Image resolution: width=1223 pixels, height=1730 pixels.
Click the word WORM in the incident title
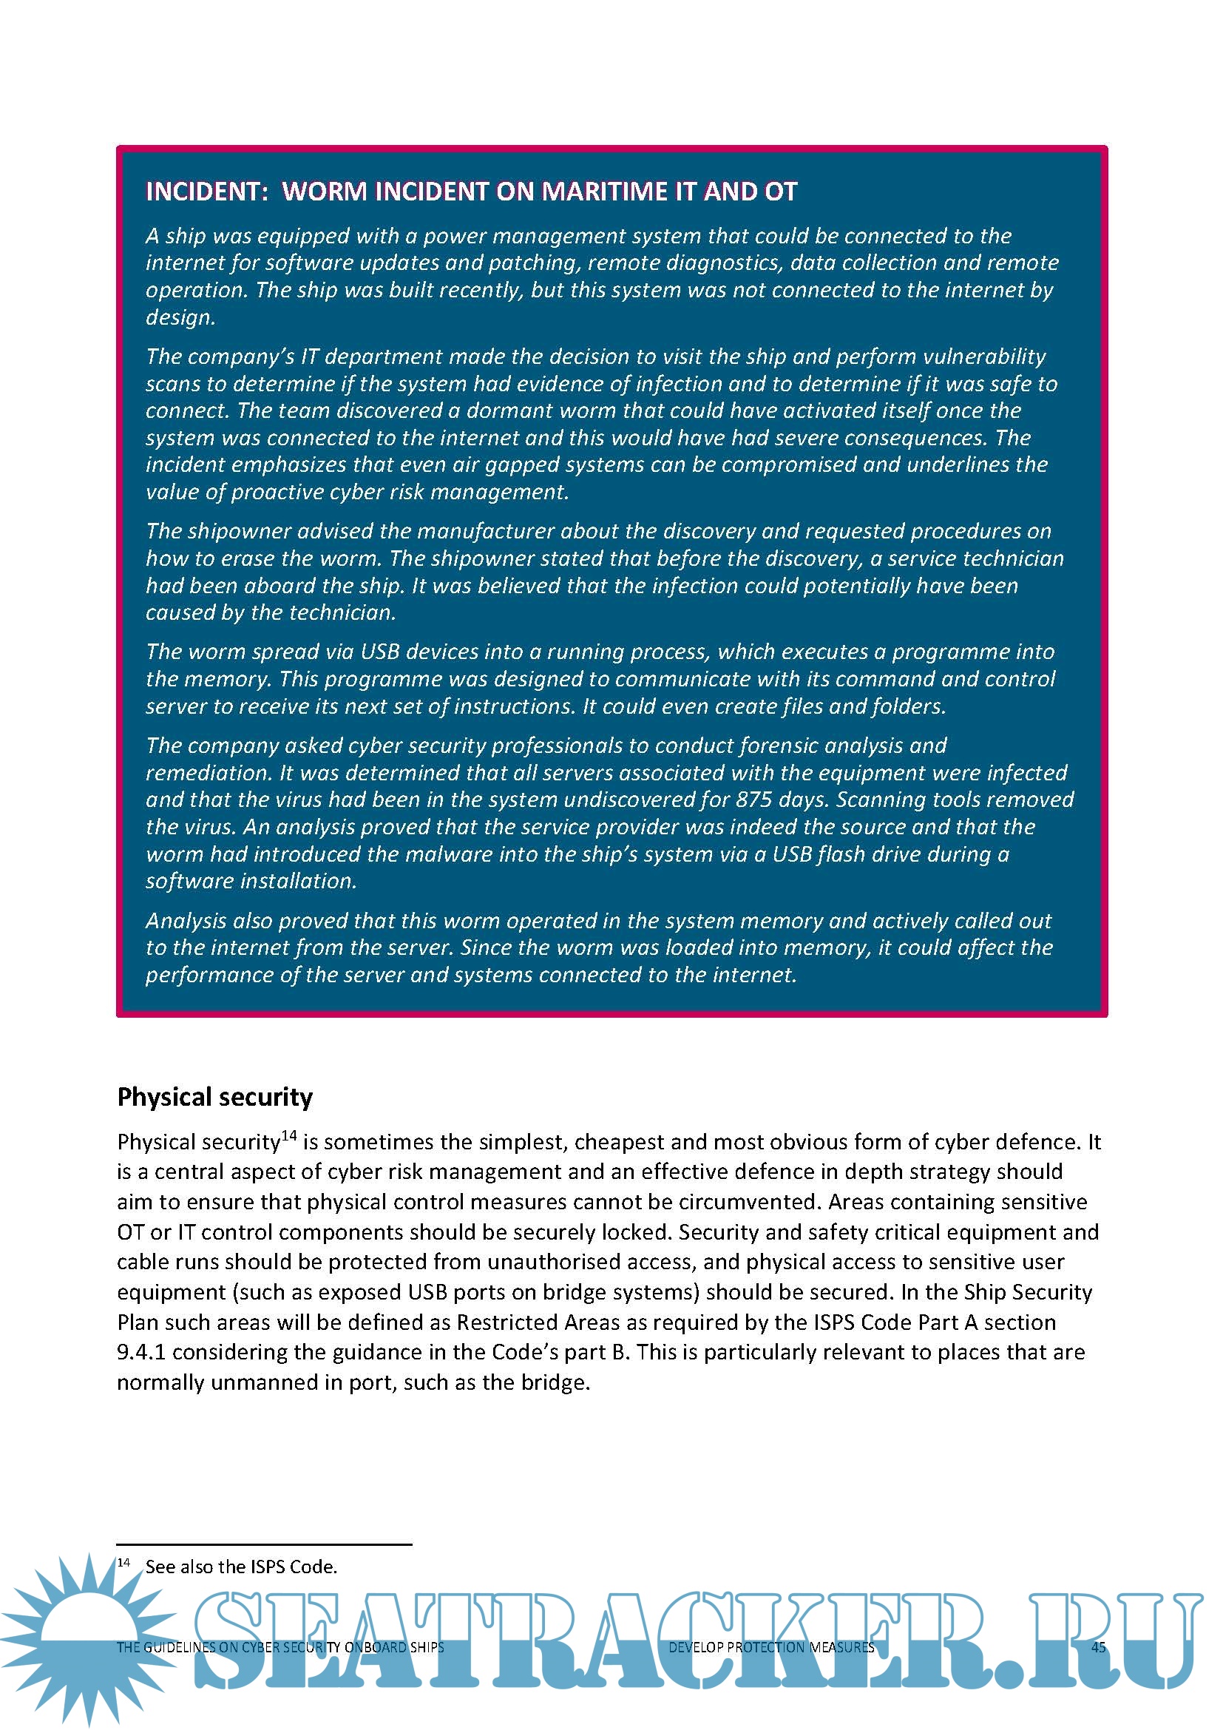click(325, 192)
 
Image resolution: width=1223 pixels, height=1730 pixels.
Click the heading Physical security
click(214, 1096)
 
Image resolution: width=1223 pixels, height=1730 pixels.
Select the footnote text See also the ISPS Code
click(241, 1567)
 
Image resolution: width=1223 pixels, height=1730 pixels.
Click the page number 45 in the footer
click(1099, 1647)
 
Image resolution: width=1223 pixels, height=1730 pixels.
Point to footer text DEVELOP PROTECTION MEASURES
click(771, 1647)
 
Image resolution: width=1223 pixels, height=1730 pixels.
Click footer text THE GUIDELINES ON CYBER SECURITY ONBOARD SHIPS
click(280, 1647)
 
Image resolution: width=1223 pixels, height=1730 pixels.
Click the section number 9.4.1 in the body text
click(140, 1353)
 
